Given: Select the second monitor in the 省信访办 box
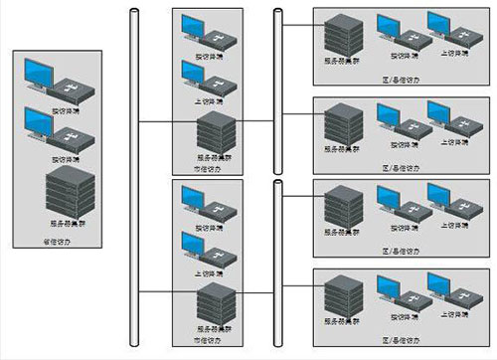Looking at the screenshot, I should click(42, 125).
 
